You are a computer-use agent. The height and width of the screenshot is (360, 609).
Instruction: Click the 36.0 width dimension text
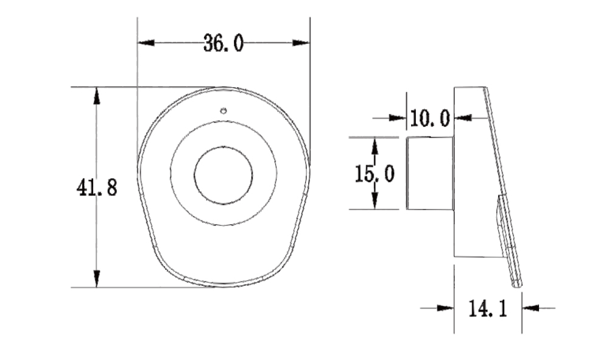pyautogui.click(x=224, y=43)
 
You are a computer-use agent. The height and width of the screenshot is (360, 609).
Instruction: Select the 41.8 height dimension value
pyautogui.click(x=96, y=188)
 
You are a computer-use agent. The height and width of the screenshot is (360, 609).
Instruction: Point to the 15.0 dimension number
pyautogui.click(x=375, y=174)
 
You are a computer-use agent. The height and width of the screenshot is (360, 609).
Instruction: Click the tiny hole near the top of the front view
pyautogui.click(x=224, y=111)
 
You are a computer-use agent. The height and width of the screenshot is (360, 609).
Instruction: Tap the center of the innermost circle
pyautogui.click(x=223, y=175)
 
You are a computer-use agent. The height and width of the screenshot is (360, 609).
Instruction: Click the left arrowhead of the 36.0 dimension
pyautogui.click(x=146, y=43)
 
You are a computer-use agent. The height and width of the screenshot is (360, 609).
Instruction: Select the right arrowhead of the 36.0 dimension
pyautogui.click(x=301, y=43)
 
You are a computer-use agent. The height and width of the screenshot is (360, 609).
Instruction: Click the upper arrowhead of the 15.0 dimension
pyautogui.click(x=375, y=144)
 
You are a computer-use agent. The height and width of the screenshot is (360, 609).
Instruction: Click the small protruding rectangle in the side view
pyautogui.click(x=430, y=174)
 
